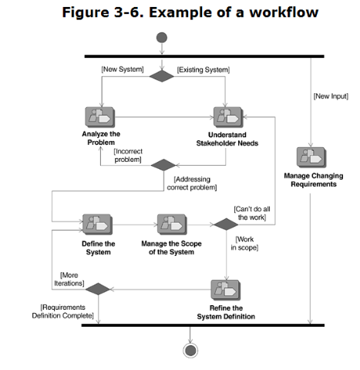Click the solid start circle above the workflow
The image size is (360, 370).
pos(162,38)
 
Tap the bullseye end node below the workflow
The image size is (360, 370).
pos(190,351)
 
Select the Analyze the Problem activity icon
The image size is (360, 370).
pos(100,117)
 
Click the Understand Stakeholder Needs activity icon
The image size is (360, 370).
pos(228,117)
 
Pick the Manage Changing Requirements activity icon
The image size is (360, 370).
pos(311,157)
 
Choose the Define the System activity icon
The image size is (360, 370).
pos(97,224)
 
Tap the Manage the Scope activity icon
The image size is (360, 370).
pos(172,224)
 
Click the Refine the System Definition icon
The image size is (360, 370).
pos(226,290)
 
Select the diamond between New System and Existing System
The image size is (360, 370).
pos(162,76)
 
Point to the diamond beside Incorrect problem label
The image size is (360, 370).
pos(163,165)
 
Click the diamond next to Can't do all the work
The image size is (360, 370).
pos(226,224)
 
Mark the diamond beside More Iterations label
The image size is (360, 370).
pos(98,289)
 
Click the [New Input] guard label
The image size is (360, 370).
pos(331,96)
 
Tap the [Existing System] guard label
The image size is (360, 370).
pos(204,70)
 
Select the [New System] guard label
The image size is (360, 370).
pos(123,69)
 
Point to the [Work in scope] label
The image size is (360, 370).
pos(244,244)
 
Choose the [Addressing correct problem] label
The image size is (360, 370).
pos(192,183)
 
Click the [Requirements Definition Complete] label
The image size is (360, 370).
pos(62,311)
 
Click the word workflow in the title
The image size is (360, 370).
pos(284,12)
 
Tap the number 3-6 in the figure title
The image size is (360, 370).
pos(128,12)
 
